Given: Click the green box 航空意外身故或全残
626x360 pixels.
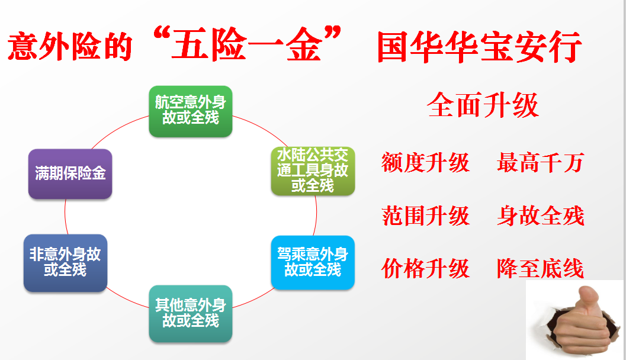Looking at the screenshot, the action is coord(191,111).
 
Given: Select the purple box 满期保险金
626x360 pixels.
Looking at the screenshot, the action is coord(70,173).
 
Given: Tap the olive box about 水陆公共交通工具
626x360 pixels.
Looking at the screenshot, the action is coord(313,171).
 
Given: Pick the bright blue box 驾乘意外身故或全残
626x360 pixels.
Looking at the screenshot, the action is coord(313,262).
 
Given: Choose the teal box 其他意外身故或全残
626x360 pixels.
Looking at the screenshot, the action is coord(191,313).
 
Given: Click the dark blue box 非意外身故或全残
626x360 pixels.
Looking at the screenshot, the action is coord(66,263).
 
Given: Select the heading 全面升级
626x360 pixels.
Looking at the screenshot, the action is coord(483,105).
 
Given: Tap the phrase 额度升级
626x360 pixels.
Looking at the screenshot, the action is coord(426,162).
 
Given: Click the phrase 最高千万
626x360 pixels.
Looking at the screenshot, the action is coord(541,162).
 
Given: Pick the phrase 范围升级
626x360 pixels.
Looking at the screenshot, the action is coord(426,216).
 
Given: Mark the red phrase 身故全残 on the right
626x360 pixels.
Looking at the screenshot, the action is coord(541,216).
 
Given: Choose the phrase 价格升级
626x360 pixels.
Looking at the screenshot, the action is coord(426,268).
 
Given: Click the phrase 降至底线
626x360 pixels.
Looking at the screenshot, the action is coord(541,268).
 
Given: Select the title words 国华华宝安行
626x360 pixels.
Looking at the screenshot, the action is coord(479,47).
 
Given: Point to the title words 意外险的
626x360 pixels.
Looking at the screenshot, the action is coord(70,47).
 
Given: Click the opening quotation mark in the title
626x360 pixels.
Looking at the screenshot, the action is coord(162,34).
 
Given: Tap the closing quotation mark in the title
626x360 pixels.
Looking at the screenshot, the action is coord(332,33).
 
